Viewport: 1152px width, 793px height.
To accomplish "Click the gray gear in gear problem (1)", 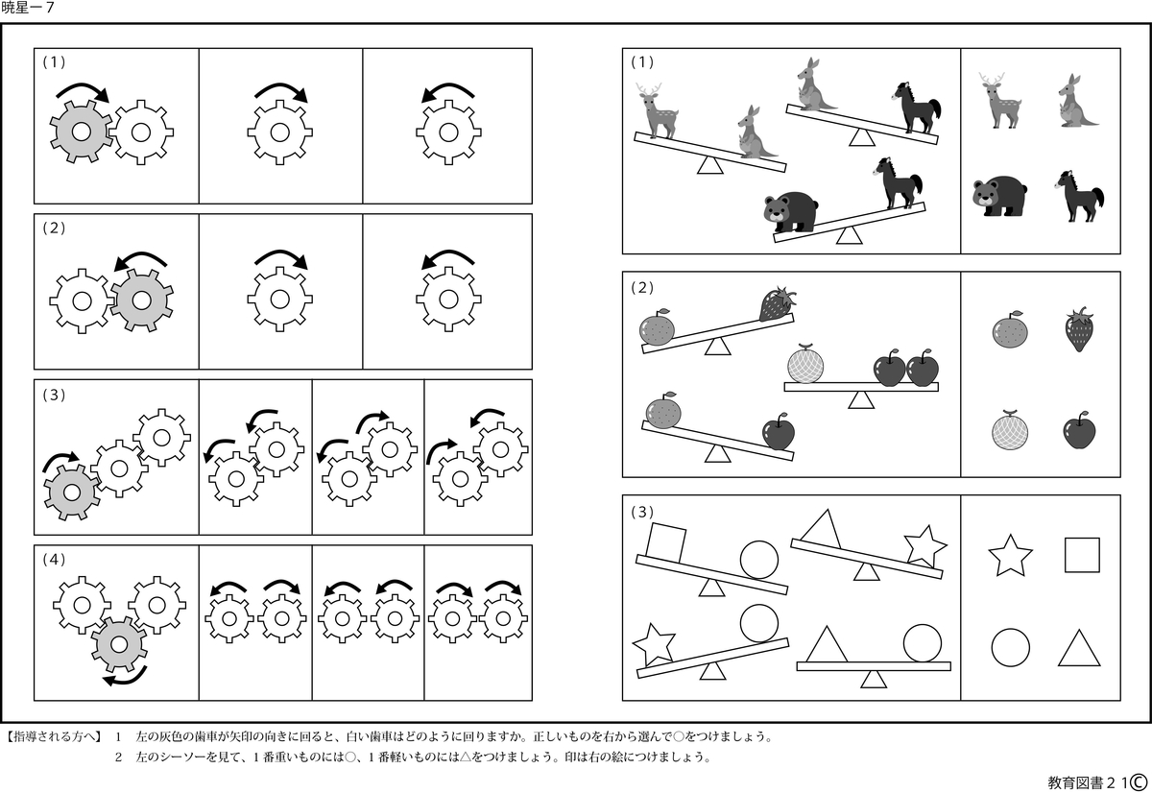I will point(81,132).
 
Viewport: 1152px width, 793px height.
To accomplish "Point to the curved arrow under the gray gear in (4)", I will point(125,674).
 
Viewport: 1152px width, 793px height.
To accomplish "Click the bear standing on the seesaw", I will point(790,212).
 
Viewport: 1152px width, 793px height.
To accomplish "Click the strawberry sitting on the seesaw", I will point(777,304).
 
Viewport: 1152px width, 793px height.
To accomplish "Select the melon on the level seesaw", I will point(804,366).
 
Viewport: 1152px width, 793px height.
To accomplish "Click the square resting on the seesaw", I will point(665,541).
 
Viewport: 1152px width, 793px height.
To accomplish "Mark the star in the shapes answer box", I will point(1010,556).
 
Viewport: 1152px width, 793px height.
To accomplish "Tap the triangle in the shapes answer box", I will point(1079,648).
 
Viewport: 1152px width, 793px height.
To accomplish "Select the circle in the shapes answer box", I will point(1010,648).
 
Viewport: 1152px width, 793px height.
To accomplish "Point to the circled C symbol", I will point(1140,781).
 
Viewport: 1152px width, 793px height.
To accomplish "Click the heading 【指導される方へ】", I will point(54,737).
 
